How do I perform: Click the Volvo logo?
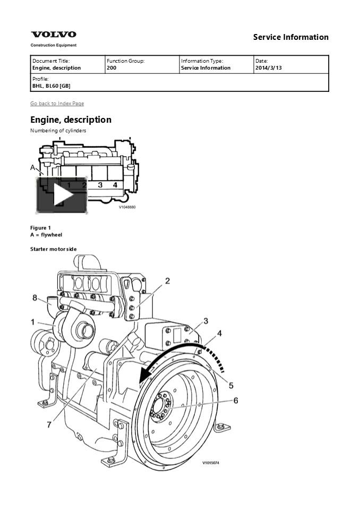(53, 35)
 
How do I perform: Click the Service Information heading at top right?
(290, 37)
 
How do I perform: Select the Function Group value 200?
(112, 68)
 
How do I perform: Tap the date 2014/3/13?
(268, 68)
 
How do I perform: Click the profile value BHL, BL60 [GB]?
(51, 86)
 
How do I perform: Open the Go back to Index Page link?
(57, 104)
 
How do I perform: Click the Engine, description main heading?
(71, 120)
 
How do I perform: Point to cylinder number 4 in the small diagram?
(115, 185)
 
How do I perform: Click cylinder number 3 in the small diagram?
(100, 185)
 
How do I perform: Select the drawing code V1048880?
(127, 207)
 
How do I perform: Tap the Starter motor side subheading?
(53, 249)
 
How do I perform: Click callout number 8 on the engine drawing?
(35, 298)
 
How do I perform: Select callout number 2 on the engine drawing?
(167, 281)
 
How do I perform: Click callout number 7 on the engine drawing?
(49, 424)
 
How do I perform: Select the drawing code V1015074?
(210, 463)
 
